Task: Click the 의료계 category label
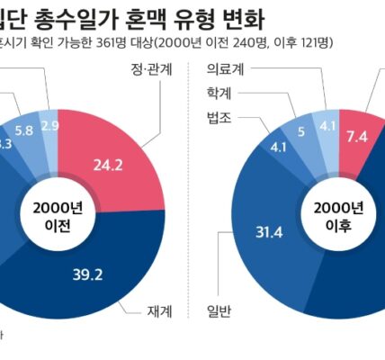point(223,68)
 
